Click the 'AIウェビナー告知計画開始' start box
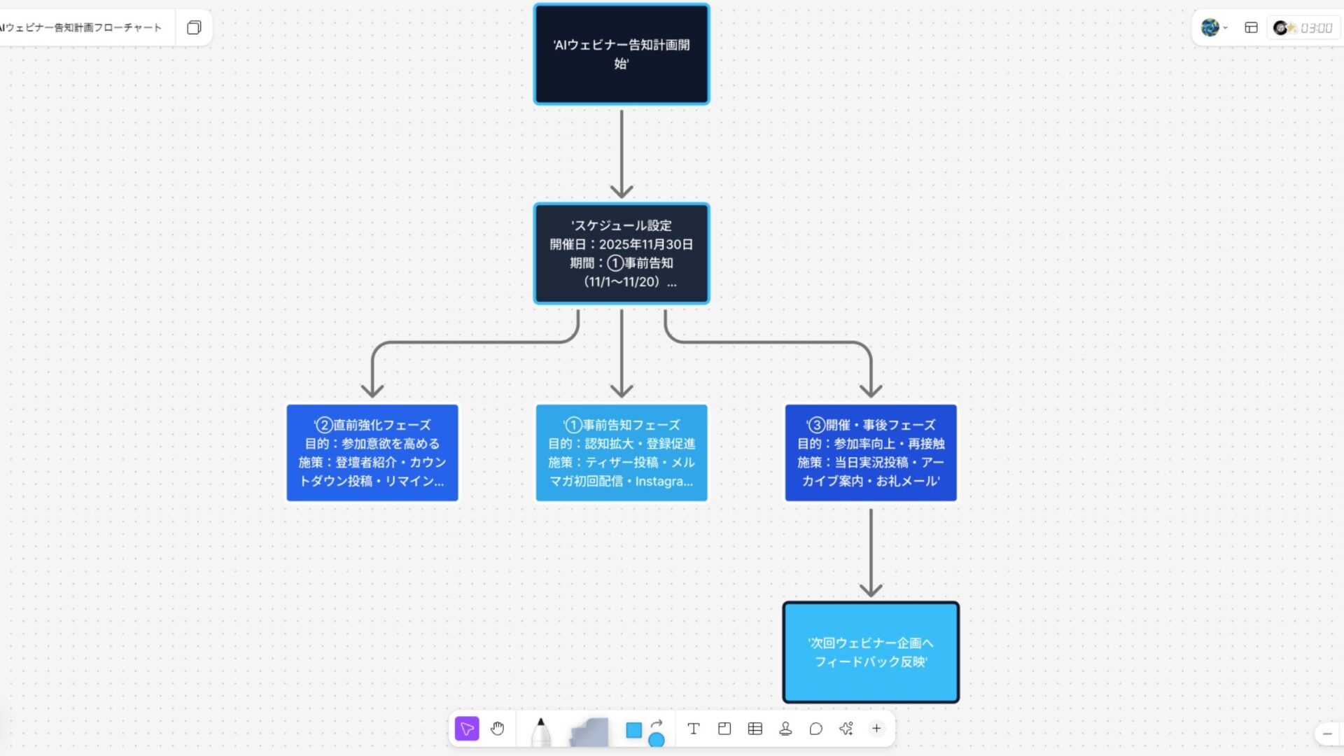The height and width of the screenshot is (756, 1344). (x=621, y=54)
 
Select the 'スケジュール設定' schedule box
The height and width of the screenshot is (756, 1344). (x=621, y=253)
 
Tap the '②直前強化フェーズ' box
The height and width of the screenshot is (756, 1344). (x=372, y=452)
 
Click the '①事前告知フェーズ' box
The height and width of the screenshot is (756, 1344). (x=621, y=452)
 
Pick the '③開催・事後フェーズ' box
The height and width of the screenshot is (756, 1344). (x=870, y=452)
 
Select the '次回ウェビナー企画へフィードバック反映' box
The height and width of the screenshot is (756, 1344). (x=870, y=652)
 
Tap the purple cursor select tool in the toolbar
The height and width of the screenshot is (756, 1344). (x=467, y=729)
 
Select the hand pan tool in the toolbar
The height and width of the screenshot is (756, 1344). (x=498, y=729)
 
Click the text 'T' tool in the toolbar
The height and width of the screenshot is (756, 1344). (x=693, y=729)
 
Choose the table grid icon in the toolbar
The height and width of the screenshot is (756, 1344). (x=755, y=729)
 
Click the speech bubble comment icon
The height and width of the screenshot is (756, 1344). (x=815, y=729)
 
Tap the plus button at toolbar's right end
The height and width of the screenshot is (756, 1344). (x=876, y=729)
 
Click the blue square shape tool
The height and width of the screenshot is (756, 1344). (x=633, y=730)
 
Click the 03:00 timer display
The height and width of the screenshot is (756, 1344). (x=1315, y=28)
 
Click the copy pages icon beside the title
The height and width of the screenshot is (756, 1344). (x=194, y=27)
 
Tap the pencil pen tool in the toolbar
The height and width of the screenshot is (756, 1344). (x=540, y=731)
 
